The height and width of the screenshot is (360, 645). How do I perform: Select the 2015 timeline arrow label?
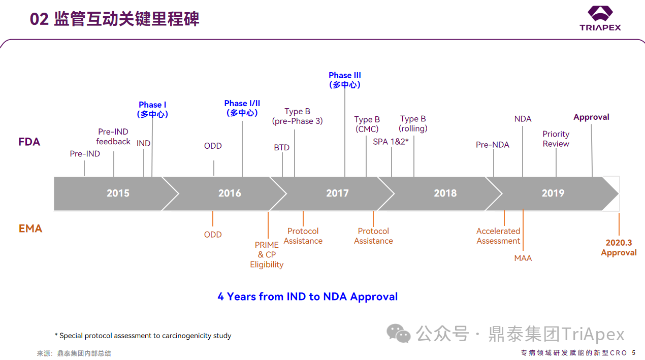tap(118, 193)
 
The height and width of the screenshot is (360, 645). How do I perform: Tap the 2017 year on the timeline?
tap(337, 193)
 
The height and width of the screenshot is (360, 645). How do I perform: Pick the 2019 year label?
tap(553, 193)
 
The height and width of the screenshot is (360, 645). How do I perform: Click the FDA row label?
tap(29, 142)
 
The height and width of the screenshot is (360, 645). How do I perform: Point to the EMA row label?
tap(30, 228)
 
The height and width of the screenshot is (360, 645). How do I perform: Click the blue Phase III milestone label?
tap(345, 80)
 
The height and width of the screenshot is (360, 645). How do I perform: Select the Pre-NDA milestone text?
tap(492, 145)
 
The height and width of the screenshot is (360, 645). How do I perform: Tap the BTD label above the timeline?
tap(281, 148)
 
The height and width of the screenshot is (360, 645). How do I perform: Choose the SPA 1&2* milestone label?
tap(391, 142)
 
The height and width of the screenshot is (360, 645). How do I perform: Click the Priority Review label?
tap(556, 139)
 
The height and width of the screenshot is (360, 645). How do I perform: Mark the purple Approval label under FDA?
tap(591, 117)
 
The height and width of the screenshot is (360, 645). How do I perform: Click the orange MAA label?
tap(523, 258)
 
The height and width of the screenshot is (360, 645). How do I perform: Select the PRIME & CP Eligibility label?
tap(267, 254)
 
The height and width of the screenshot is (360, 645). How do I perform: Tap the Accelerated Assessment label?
tap(498, 236)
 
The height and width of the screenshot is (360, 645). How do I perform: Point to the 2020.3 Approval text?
tap(619, 248)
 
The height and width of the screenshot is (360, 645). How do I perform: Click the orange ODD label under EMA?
tap(213, 235)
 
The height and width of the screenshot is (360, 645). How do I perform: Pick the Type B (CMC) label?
tap(367, 124)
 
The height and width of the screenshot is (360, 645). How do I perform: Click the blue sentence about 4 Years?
tap(308, 297)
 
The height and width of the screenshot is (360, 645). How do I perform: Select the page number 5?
tap(633, 353)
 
